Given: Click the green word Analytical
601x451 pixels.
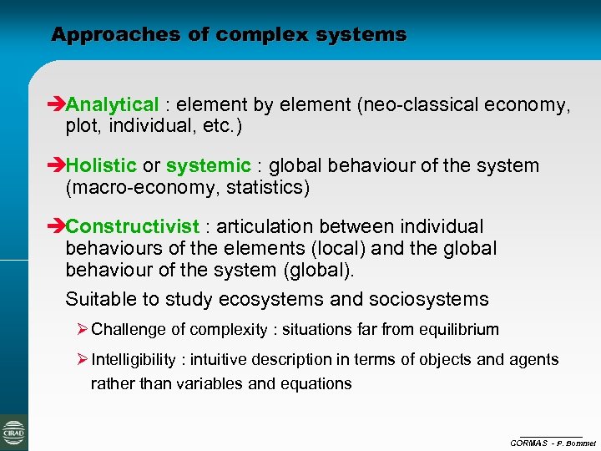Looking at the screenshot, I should pyautogui.click(x=112, y=105).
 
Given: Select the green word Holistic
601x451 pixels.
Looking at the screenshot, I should pyautogui.click(x=100, y=166).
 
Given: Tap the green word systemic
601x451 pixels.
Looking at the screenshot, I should pyautogui.click(x=208, y=166).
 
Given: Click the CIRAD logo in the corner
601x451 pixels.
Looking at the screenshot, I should pyautogui.click(x=13, y=433).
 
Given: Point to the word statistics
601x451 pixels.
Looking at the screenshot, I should pyautogui.click(x=266, y=188).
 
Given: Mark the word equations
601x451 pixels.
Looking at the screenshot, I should pyautogui.click(x=315, y=384).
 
